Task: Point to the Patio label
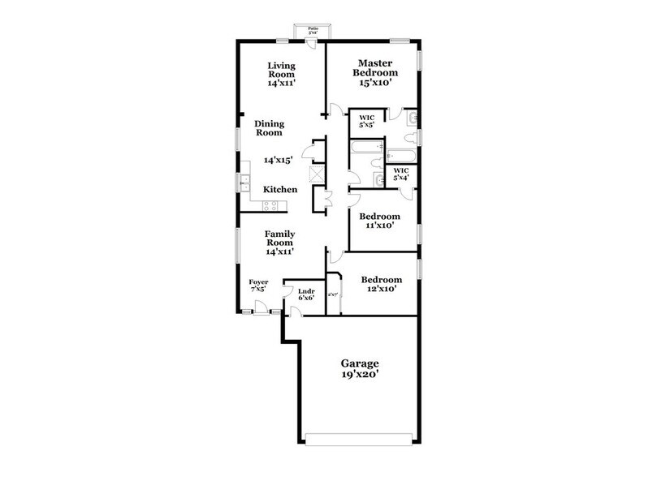pyautogui.click(x=313, y=31)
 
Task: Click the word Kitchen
pyautogui.click(x=280, y=190)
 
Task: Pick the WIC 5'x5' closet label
pyautogui.click(x=366, y=122)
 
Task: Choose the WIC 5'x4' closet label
pyautogui.click(x=401, y=174)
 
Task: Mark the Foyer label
pyautogui.click(x=258, y=285)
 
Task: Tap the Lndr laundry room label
pyautogui.click(x=306, y=294)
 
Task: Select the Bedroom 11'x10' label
pyautogui.click(x=380, y=221)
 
